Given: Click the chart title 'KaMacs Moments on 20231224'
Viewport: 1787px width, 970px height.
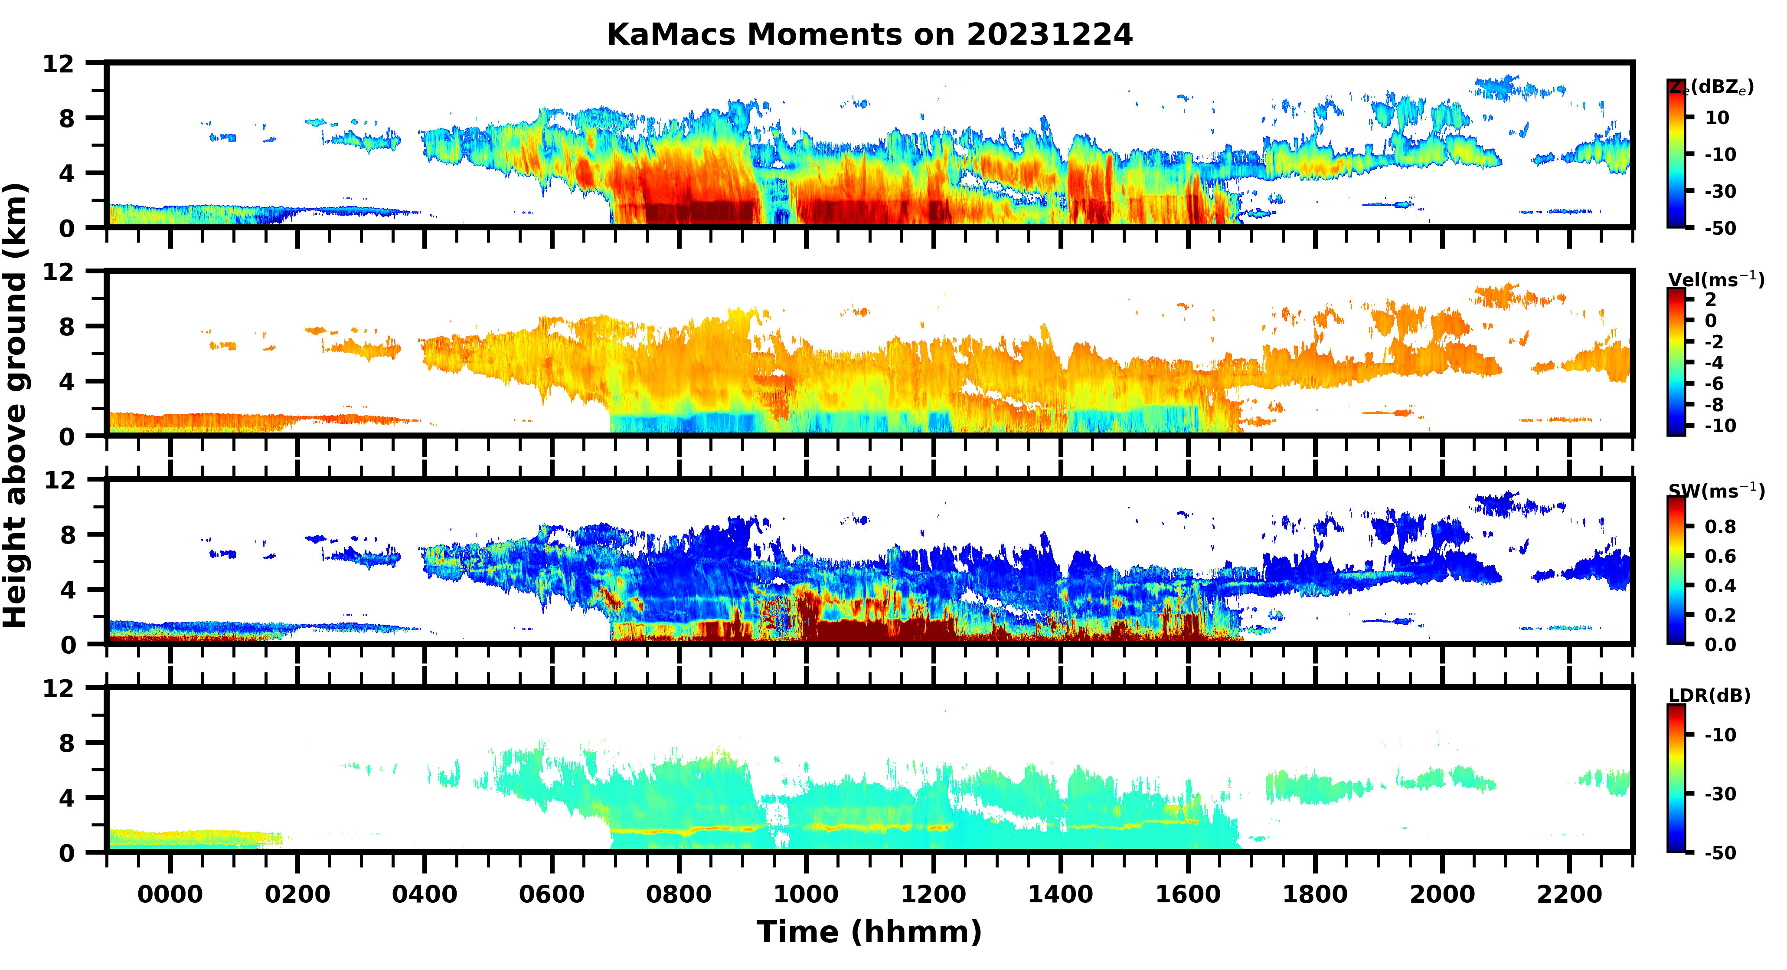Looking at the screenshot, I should pyautogui.click(x=869, y=35).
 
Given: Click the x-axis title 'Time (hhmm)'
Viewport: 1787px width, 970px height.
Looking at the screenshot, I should pyautogui.click(x=869, y=932).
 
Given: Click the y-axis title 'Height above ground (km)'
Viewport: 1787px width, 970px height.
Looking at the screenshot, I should pyautogui.click(x=15, y=406).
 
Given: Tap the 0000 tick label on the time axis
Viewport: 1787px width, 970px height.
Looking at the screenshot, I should pyautogui.click(x=170, y=895).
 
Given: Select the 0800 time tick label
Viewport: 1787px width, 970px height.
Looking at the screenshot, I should pyautogui.click(x=679, y=895).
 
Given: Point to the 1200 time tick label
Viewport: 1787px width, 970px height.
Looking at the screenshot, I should pyautogui.click(x=933, y=895).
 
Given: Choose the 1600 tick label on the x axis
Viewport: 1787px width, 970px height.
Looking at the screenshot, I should pyautogui.click(x=1188, y=895).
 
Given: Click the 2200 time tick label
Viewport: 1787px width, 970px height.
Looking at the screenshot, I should pyautogui.click(x=1569, y=895).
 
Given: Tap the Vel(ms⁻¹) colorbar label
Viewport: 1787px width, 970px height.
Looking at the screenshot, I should pyautogui.click(x=1715, y=280).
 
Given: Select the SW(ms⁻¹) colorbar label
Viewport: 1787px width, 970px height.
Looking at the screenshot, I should pyautogui.click(x=1715, y=491).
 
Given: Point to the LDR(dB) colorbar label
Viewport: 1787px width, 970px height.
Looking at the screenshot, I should pyautogui.click(x=1709, y=695).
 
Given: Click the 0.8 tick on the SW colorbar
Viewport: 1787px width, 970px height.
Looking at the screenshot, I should pyautogui.click(x=1720, y=527).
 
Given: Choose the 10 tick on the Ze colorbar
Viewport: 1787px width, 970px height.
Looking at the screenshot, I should pyautogui.click(x=1718, y=118).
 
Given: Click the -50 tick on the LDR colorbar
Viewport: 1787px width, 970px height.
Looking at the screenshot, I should pyautogui.click(x=1720, y=853).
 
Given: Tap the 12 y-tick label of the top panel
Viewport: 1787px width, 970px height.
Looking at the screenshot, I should pyautogui.click(x=58, y=64).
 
